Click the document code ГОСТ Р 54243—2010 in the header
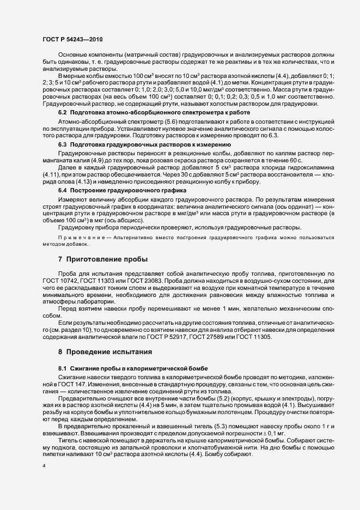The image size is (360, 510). [x=72, y=40]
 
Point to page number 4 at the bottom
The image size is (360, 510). [x=44, y=467]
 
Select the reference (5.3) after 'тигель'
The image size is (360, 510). [x=175, y=426]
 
